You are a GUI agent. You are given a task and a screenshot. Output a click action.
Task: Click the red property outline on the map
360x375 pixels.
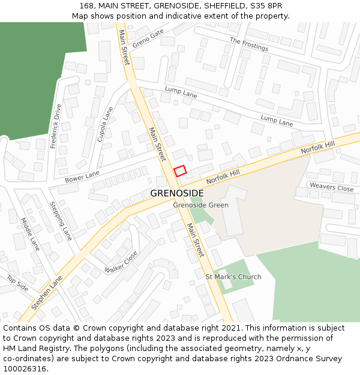(180, 171)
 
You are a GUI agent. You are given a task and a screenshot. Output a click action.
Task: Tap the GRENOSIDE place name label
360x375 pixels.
(176, 194)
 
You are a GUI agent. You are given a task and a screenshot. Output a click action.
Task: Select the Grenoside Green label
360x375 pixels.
(200, 205)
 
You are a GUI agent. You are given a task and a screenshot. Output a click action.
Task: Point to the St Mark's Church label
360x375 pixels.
(233, 277)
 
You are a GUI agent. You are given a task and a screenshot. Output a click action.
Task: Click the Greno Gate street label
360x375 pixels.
(148, 38)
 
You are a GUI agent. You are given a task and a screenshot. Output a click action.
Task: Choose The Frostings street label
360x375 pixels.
(249, 44)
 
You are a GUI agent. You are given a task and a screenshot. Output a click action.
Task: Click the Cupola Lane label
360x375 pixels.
(105, 124)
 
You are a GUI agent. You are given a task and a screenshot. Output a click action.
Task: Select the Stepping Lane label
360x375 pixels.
(61, 221)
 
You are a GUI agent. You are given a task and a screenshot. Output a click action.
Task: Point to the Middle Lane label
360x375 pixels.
(30, 234)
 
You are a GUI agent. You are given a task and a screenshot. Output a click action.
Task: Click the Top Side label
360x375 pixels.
(17, 283)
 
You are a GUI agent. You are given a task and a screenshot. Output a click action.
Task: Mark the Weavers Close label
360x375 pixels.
(331, 188)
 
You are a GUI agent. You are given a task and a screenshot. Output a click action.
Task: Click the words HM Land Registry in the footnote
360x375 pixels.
(34, 349)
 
